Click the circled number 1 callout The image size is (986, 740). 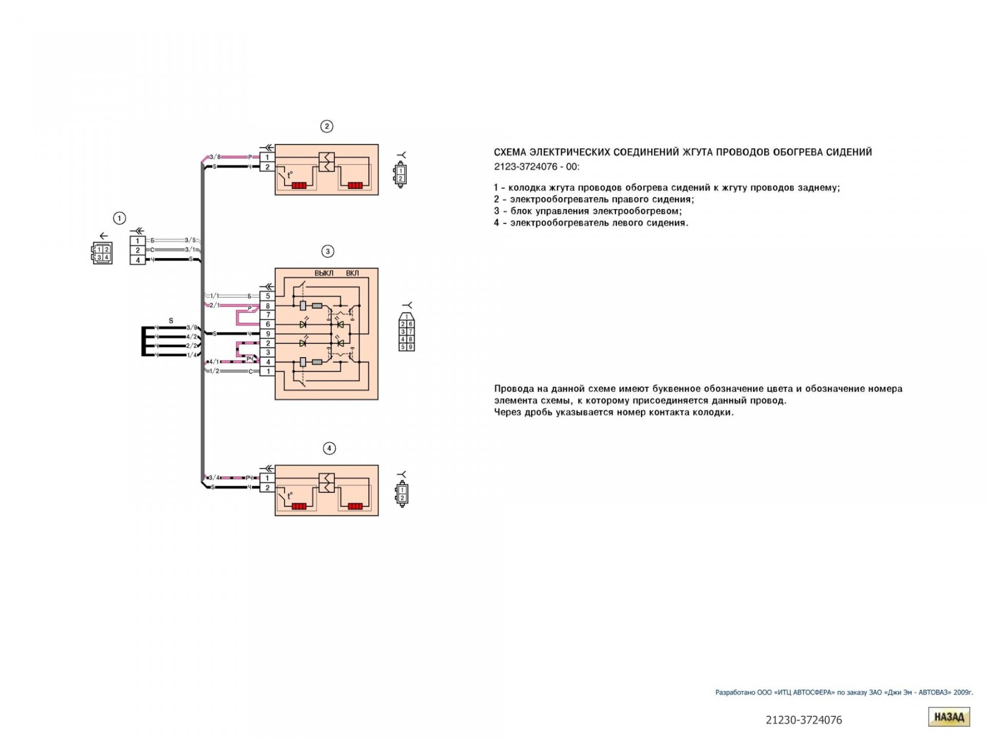point(119,218)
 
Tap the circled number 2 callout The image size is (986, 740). point(327,126)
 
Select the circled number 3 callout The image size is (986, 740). point(328,251)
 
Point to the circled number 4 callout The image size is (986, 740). point(329,449)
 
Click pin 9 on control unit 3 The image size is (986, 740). point(268,334)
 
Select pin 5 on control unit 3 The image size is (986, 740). point(268,296)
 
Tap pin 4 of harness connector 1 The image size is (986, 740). point(138,260)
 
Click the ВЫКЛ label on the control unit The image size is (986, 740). point(324,273)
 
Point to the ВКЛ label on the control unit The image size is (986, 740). point(352,273)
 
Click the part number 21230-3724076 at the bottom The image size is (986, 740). point(804,720)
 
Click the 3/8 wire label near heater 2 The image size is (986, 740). point(215,157)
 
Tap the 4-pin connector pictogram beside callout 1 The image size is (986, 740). point(102,253)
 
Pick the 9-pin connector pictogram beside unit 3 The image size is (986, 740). point(407,332)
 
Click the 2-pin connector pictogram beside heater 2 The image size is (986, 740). point(401,175)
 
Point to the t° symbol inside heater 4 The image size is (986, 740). point(290,496)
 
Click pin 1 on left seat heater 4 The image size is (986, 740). point(267,478)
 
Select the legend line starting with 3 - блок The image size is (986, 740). point(588,211)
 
